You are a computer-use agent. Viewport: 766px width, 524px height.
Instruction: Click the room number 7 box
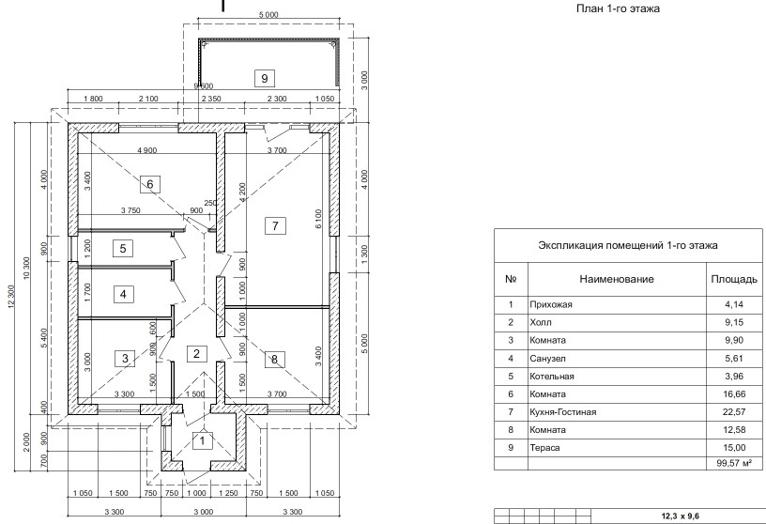tap(274, 225)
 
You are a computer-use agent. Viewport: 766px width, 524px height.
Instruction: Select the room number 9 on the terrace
tap(265, 78)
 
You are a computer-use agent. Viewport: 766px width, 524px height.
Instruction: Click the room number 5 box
tap(123, 249)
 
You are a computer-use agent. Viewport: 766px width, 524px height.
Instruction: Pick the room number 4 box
tap(123, 294)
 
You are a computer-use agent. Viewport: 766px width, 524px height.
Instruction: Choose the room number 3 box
tap(123, 357)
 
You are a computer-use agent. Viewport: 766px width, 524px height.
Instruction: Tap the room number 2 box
tap(195, 354)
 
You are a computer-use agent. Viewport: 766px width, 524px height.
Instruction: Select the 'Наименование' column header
tap(616, 279)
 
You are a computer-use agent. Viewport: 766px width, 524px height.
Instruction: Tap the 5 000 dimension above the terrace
tap(268, 14)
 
